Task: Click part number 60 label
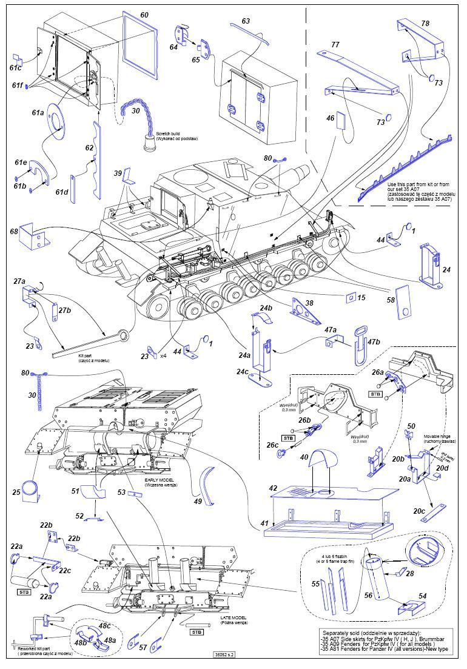point(144,14)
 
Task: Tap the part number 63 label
point(245,21)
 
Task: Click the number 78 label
point(425,23)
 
